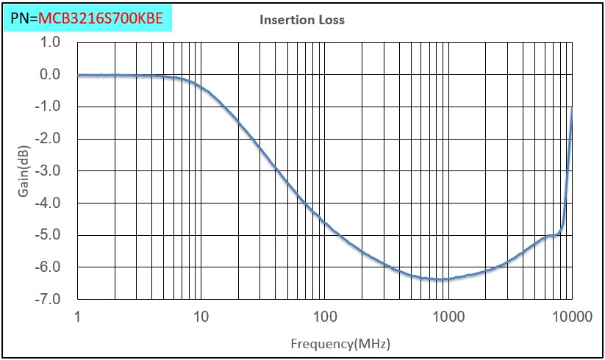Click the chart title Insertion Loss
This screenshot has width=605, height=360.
(301, 20)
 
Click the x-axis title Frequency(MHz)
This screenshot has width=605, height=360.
(340, 343)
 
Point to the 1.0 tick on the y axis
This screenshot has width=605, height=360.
(50, 42)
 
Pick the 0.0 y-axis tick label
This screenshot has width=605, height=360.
(50, 74)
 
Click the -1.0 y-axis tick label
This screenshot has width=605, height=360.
(49, 107)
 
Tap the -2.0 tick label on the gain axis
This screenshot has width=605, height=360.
(49, 139)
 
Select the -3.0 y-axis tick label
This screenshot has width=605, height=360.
(49, 171)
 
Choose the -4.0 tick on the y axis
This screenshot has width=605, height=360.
(49, 203)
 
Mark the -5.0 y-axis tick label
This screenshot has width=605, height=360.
(49, 235)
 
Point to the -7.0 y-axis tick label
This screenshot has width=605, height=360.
(49, 300)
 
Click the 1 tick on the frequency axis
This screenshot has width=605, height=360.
(77, 317)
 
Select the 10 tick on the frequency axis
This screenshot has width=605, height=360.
(201, 317)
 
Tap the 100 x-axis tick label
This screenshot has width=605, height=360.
(324, 317)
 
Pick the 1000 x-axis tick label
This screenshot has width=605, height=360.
(448, 317)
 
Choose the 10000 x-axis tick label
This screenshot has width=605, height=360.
(571, 317)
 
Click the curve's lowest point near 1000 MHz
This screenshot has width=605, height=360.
(441, 279)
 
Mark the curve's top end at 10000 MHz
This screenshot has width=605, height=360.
(572, 108)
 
